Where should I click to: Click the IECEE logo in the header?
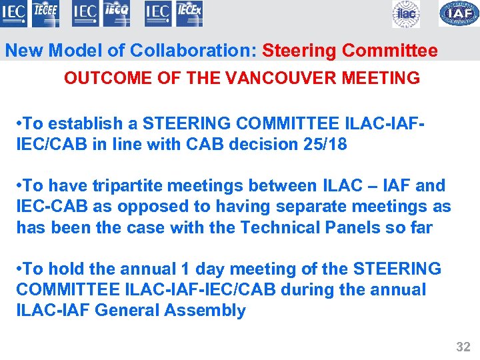[45, 13]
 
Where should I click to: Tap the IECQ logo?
[117, 13]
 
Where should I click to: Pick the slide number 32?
[463, 346]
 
